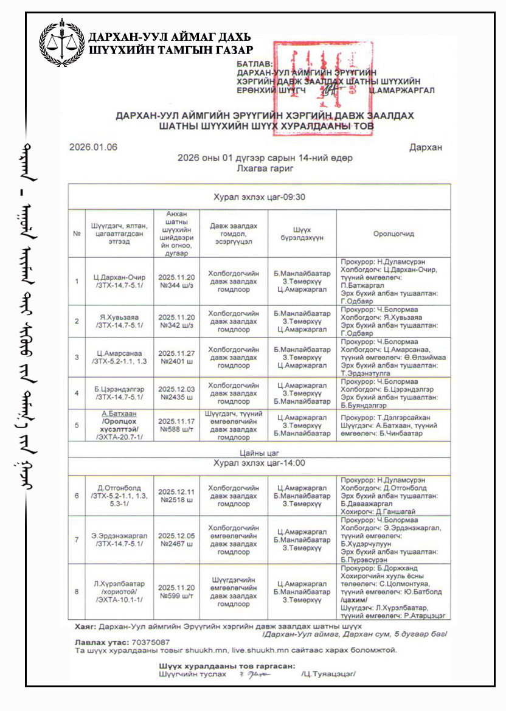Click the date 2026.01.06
93,147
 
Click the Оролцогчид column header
393,234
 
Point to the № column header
77,234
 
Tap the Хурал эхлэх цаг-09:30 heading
259,197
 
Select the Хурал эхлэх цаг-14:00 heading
259,463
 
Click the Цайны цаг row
259,451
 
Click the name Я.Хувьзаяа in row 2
120,317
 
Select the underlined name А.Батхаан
120,413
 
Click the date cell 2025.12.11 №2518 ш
176,496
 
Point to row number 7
77,539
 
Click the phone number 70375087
150,642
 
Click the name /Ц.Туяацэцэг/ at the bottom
327,674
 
